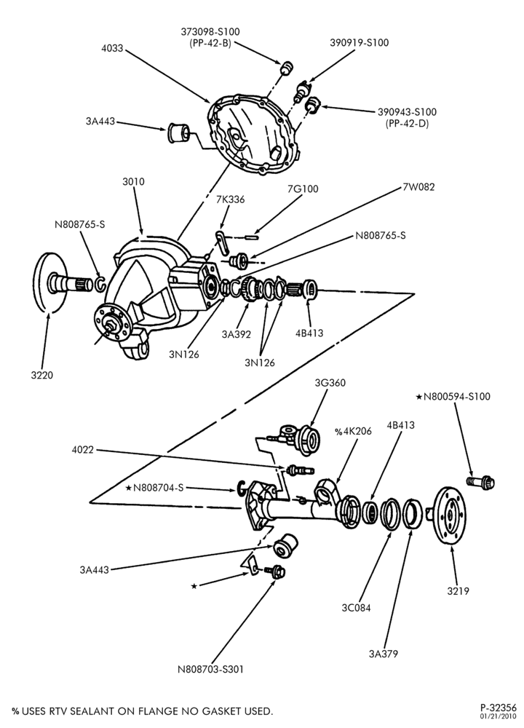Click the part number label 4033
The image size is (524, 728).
coord(112,48)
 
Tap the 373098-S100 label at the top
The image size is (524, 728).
coord(210,32)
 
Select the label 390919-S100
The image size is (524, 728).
coord(360,43)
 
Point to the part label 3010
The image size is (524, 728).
coord(133,181)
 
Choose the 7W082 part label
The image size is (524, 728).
coord(419,187)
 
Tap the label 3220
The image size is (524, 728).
coord(41,375)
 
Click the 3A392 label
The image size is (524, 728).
coord(237,334)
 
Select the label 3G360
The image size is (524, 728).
coord(330,383)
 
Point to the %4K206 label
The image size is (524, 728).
coord(353,431)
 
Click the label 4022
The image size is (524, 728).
coord(83,450)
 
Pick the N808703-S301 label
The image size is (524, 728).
coord(210,669)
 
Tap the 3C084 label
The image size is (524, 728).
coord(357,608)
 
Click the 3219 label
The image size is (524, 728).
coord(458,591)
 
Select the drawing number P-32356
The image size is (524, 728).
coord(498,708)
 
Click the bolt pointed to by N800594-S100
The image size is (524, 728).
coord(480,483)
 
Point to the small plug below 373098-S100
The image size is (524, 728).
coord(287,68)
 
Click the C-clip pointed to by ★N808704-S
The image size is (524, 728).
coord(241,488)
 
